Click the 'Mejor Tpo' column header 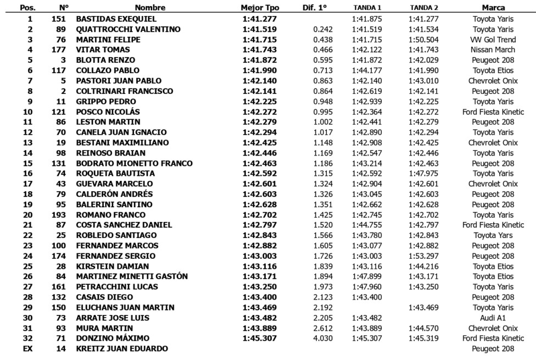point(260,8)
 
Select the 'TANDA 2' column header point(424,8)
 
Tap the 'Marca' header point(493,8)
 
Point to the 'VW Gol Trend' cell point(493,40)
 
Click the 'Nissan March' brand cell point(493,49)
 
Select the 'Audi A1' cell point(493,318)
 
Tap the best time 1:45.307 point(260,339)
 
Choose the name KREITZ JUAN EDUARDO point(122,349)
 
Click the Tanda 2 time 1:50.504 point(424,40)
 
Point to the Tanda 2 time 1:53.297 point(424,256)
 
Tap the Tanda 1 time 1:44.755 point(367,225)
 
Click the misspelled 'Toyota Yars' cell point(493,235)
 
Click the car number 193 point(59,215)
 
